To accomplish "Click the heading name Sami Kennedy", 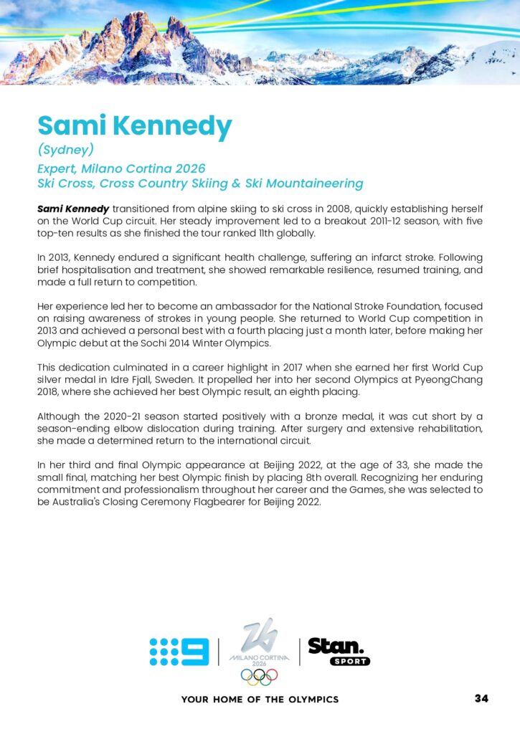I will [x=135, y=126].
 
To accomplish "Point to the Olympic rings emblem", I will [x=259, y=677].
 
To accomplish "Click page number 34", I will [x=481, y=698].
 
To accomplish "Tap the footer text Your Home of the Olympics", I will [x=260, y=699].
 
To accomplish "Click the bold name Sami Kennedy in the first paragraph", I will [x=73, y=208].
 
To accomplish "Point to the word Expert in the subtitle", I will [x=57, y=168].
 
